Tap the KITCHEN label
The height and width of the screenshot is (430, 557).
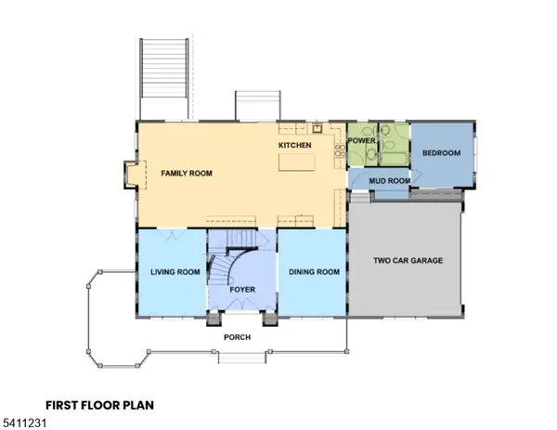[296, 146]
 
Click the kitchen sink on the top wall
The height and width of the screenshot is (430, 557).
[316, 128]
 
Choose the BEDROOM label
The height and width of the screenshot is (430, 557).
[441, 153]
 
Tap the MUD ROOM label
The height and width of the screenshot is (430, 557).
[383, 180]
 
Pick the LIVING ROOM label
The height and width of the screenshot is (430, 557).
[175, 272]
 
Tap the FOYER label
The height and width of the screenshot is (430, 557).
[242, 290]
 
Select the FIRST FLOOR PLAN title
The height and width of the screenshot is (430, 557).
[99, 405]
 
